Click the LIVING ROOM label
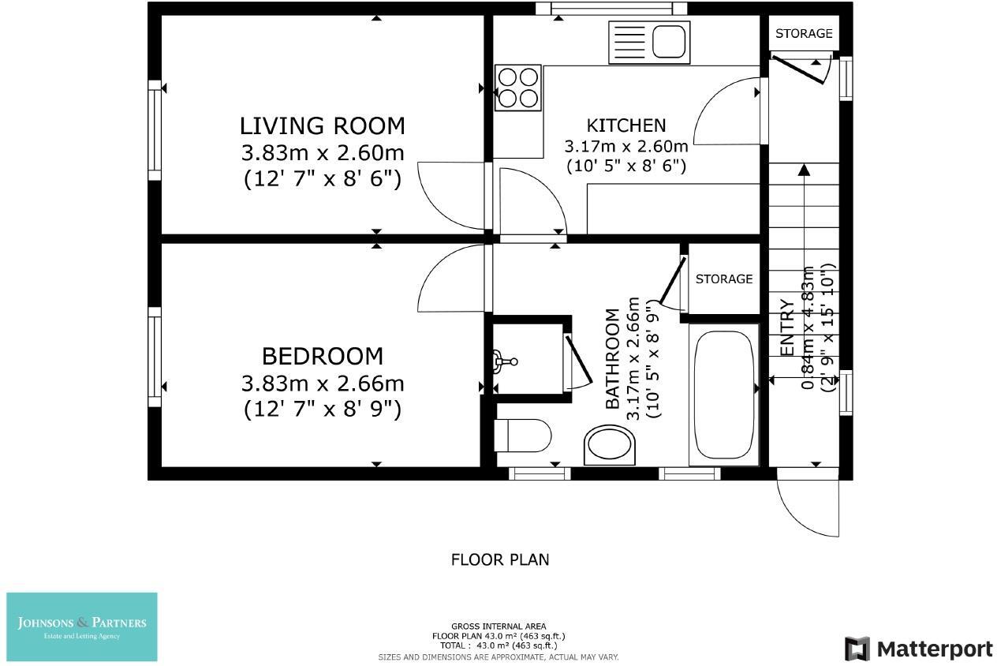(x=323, y=126)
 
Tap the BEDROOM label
(x=323, y=356)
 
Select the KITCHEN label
(x=626, y=125)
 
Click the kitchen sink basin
(x=669, y=41)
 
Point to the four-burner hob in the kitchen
(x=518, y=88)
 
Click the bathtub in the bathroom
(x=724, y=395)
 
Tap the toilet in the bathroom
(x=522, y=435)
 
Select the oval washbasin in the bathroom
(x=610, y=445)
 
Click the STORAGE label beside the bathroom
(x=724, y=279)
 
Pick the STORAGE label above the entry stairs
(x=804, y=33)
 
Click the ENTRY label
(x=787, y=328)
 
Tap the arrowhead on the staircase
(x=804, y=170)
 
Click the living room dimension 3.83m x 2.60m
(x=323, y=153)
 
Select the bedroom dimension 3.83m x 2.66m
(x=323, y=384)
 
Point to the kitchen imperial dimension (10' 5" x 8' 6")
(x=626, y=166)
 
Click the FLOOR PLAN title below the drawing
(x=500, y=559)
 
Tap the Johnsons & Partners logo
(x=82, y=627)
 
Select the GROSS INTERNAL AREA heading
(x=498, y=627)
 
